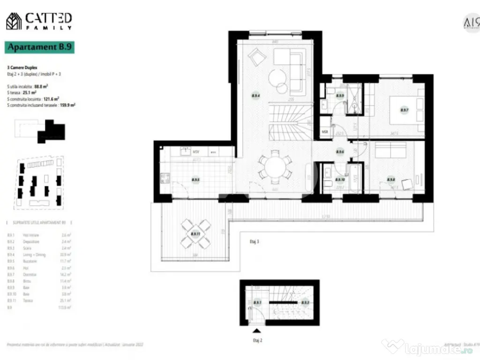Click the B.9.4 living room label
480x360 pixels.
[x=256, y=96]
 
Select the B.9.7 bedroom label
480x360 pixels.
[x=404, y=111]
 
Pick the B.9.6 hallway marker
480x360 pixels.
[x=340, y=151]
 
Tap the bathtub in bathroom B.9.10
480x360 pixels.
[x=354, y=178]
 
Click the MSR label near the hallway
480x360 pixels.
[x=325, y=132]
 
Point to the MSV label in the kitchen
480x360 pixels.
[x=196, y=152]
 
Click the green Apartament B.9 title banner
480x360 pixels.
[x=40, y=47]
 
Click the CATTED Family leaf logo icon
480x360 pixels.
[x=14, y=21]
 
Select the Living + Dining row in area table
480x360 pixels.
[x=40, y=255]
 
